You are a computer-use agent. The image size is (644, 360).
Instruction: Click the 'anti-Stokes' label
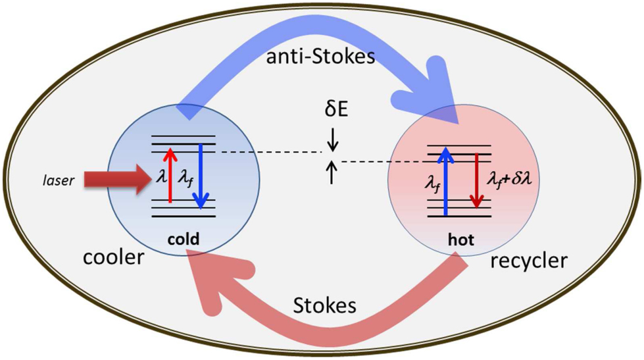(x=321, y=57)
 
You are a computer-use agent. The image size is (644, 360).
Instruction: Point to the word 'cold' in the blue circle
(x=185, y=240)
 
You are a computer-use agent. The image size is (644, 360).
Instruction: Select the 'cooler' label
(x=113, y=257)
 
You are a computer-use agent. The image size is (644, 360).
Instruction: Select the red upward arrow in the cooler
(x=170, y=174)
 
